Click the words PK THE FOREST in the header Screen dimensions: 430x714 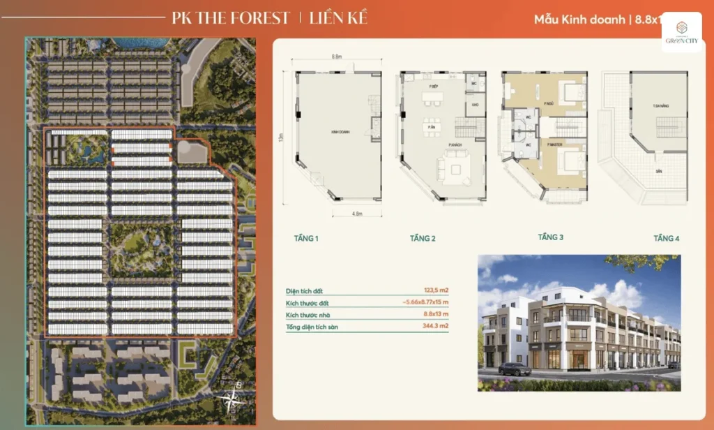(230, 17)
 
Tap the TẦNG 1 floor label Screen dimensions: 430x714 (306, 239)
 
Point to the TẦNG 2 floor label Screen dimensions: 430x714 (423, 239)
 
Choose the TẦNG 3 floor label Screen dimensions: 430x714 (550, 237)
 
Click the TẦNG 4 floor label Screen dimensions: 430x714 (667, 239)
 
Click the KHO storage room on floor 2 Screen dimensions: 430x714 (474, 105)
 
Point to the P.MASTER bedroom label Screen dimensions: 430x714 (556, 144)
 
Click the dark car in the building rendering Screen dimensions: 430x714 (515, 369)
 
